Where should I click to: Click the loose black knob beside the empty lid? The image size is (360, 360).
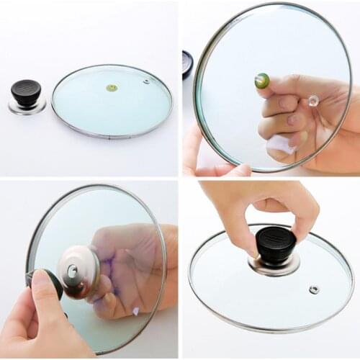[x=26, y=93]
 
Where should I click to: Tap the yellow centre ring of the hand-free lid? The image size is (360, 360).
[x=112, y=88]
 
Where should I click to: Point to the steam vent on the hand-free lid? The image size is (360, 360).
[x=146, y=81]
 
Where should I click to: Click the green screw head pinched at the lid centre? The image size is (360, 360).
[x=261, y=80]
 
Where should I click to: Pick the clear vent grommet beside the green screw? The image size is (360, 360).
[x=312, y=102]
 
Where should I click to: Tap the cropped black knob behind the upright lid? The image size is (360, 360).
[x=187, y=63]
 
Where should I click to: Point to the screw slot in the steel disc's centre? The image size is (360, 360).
[x=72, y=271]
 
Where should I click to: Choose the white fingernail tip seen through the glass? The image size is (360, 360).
[x=135, y=311]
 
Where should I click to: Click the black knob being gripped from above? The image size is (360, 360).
[x=275, y=245]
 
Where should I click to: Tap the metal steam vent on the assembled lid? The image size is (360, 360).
[x=314, y=289]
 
